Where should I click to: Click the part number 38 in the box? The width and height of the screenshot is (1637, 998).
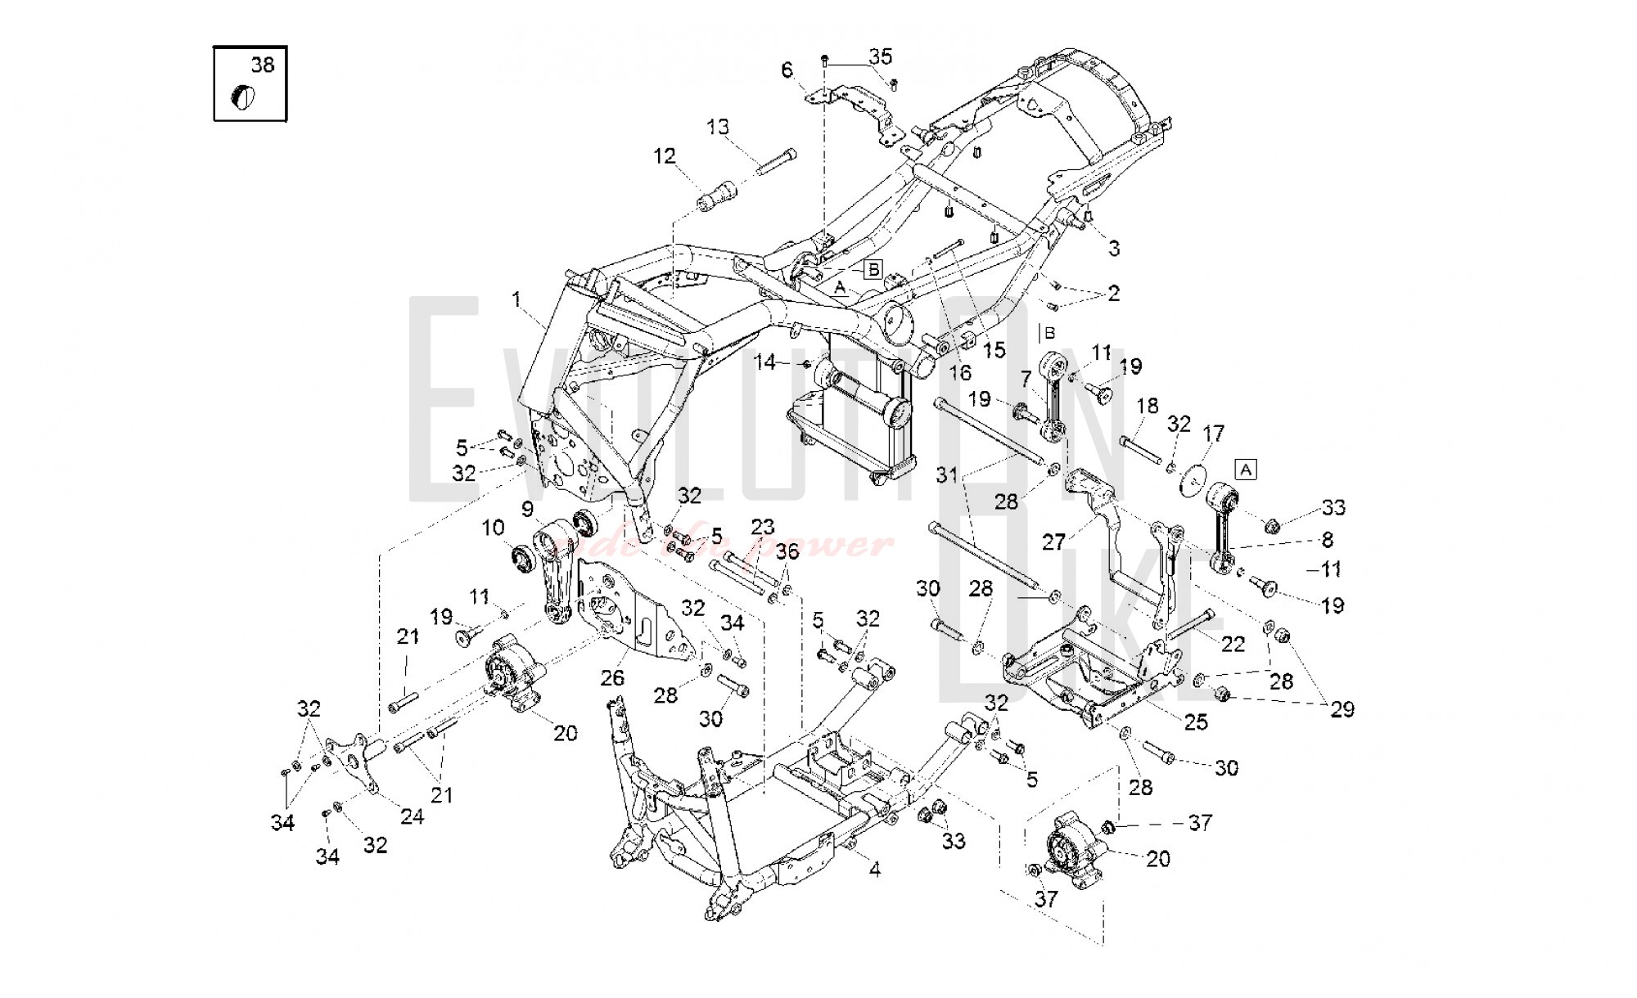coord(263,65)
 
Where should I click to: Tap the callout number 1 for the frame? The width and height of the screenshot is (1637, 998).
coord(516,300)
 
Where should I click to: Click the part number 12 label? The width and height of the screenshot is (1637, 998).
coord(665,155)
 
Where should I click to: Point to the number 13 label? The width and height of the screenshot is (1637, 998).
coord(718,128)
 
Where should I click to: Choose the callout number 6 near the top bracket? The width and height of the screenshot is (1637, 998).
coord(787,70)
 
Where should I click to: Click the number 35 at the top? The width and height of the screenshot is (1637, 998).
coord(881,56)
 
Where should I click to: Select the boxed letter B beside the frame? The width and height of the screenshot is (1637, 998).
coord(873,268)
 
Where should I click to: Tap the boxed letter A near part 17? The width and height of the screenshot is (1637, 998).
coord(1245,470)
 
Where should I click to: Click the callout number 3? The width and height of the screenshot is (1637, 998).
coord(1114,248)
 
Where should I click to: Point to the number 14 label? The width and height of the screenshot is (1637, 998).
coord(764,362)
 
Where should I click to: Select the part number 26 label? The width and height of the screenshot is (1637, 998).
coord(612,677)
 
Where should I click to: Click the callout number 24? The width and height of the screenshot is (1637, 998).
coord(412,816)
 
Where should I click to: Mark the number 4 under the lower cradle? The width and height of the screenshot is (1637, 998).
coord(874,870)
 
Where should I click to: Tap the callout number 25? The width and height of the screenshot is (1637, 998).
coord(1196,722)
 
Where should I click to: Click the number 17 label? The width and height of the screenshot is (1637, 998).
coord(1213,433)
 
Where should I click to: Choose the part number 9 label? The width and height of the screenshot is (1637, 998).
coord(527,510)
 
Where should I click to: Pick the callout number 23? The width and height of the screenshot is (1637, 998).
coord(762,526)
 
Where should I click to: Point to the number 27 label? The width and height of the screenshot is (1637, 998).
coord(1053,542)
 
